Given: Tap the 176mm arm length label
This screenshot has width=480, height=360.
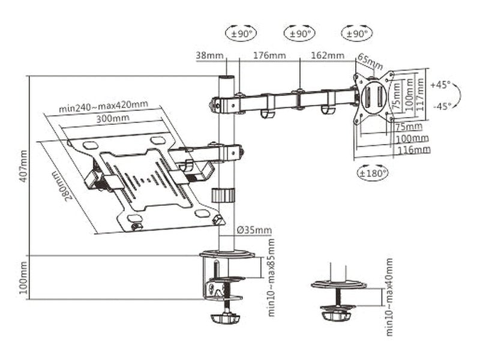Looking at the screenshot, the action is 269,55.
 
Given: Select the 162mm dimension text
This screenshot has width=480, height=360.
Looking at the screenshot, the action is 328,55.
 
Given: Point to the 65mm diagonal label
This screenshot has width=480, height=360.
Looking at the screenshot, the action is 370,61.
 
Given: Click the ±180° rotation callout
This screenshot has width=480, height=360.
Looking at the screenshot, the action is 373,173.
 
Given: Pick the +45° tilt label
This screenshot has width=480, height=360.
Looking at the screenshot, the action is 440,85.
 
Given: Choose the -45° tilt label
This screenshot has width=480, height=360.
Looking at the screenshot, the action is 442,106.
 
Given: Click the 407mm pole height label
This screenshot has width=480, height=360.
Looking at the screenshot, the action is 23,166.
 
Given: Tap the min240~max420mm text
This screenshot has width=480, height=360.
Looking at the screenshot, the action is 103,106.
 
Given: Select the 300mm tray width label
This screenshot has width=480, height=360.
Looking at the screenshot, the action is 113,118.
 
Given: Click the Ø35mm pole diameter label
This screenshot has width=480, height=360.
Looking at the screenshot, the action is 254,230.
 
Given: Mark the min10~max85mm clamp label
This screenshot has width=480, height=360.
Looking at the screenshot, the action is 271,277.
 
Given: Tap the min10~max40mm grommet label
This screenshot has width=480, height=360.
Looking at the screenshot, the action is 389,297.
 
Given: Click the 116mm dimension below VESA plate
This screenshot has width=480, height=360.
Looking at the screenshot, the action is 413,149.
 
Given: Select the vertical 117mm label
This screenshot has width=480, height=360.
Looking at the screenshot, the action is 420,95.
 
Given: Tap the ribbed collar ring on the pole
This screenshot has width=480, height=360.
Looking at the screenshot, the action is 223,195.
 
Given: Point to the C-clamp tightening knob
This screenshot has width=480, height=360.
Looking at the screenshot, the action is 226,319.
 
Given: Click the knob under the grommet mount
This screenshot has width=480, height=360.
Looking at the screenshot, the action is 336,316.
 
